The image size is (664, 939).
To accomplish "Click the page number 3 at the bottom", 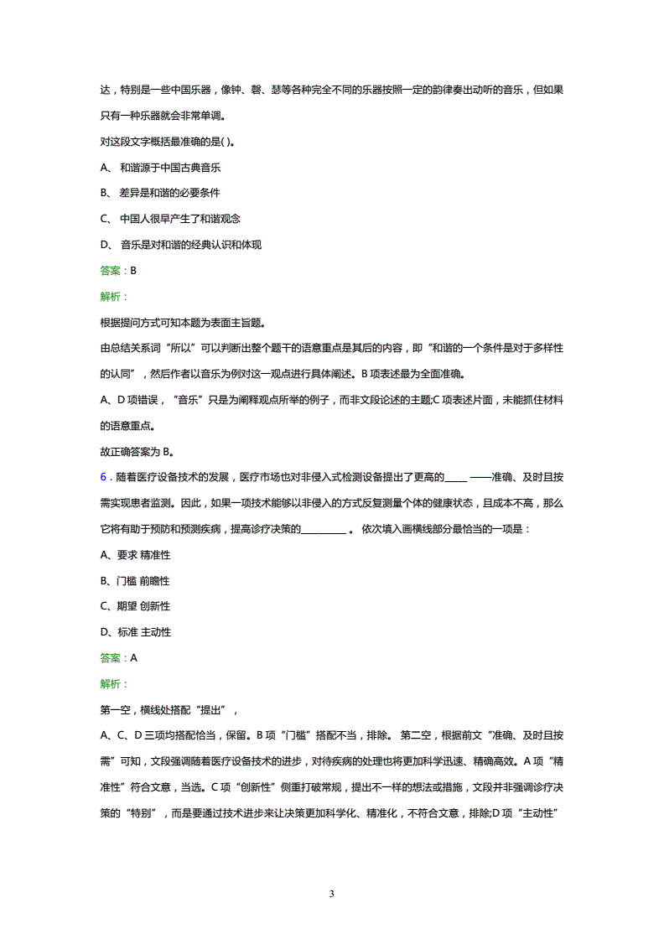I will (x=332, y=894).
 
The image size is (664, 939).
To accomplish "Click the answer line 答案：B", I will (x=117, y=271).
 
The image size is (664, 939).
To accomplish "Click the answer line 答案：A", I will (x=117, y=658).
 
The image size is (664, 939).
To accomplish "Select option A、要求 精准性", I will (x=135, y=555).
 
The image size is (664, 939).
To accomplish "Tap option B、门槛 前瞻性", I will (x=135, y=580).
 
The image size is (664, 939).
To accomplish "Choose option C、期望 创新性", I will (x=135, y=606).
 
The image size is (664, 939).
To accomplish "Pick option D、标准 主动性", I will (x=135, y=632).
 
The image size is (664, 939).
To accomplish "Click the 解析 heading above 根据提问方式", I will (x=113, y=297).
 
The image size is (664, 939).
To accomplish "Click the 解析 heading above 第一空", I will (x=113, y=684).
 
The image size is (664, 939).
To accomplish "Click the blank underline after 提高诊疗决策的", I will (x=322, y=529).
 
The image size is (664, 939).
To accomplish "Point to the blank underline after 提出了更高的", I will (x=454, y=477).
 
